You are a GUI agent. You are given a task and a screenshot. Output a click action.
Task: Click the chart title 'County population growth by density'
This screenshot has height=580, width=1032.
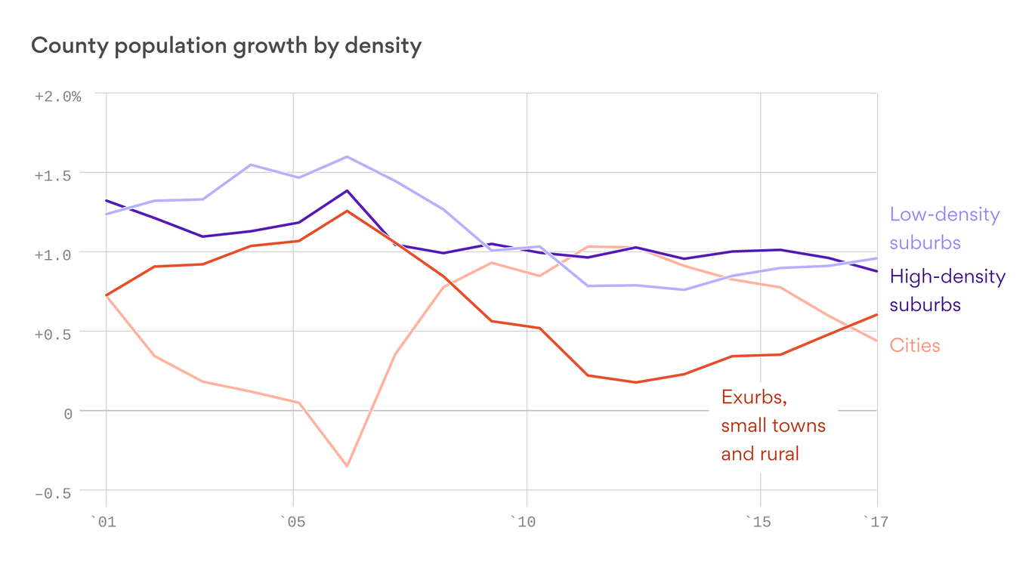point(226,46)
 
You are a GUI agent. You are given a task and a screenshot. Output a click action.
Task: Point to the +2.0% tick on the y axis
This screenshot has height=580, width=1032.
point(57,97)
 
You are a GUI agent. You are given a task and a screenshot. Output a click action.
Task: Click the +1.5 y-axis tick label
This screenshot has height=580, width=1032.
point(57,175)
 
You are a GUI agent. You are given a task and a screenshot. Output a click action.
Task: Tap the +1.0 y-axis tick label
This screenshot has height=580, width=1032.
point(57,255)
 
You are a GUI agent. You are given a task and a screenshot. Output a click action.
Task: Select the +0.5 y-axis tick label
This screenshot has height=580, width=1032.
point(57,335)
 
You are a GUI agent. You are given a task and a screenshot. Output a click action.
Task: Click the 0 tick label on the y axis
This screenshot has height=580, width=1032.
point(67,414)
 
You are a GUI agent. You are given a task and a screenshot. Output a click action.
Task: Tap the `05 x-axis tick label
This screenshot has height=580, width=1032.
point(292,522)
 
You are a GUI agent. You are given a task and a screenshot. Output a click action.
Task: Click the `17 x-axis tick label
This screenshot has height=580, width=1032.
point(876,522)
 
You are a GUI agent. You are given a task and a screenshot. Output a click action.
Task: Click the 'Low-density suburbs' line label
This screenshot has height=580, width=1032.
point(944,228)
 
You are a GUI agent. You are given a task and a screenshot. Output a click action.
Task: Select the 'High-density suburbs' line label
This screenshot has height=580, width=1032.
point(947,290)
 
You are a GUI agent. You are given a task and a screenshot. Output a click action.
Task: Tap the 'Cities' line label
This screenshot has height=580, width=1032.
point(915,345)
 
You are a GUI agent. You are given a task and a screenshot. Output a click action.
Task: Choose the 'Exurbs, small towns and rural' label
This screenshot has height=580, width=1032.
point(773,425)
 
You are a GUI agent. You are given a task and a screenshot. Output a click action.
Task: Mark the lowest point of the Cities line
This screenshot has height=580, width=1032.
point(347,466)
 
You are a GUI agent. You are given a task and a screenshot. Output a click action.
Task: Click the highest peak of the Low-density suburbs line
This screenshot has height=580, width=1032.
point(347,156)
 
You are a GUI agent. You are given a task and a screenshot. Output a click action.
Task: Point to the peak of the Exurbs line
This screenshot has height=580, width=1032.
point(347,211)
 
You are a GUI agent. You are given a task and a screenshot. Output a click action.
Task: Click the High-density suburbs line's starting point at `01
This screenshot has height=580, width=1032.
point(107,200)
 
